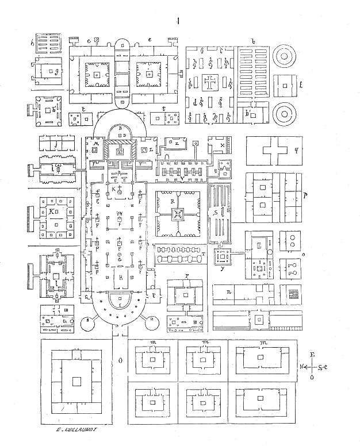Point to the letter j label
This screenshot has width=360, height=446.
click(x=55, y=144)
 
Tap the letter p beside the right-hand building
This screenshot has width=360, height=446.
click(x=304, y=195)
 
